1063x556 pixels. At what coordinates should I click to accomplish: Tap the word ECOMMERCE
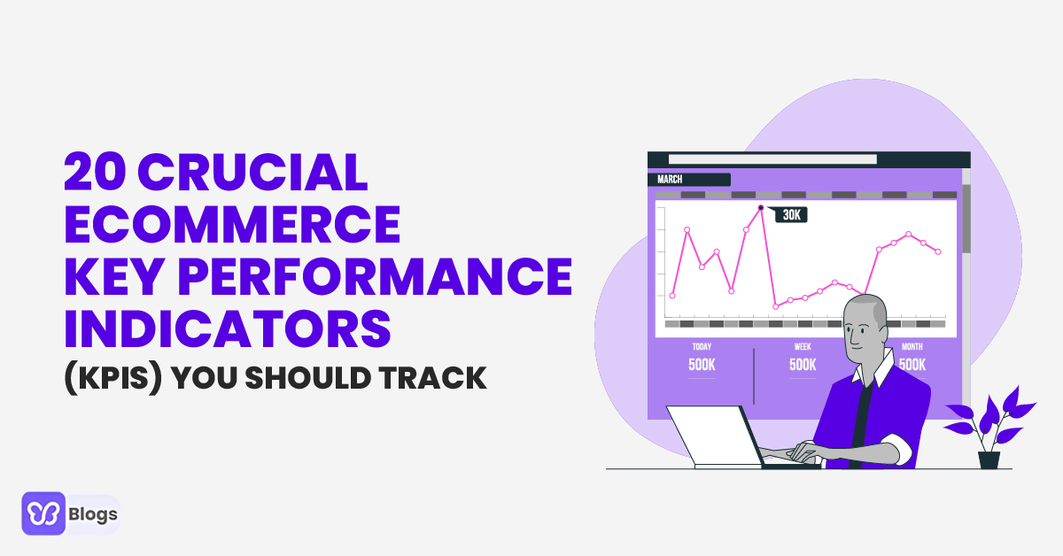click(232, 225)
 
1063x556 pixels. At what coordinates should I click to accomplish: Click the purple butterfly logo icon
click(43, 514)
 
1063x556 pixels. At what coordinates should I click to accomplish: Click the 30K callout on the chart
click(791, 214)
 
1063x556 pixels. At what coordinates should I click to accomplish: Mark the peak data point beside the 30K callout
click(760, 208)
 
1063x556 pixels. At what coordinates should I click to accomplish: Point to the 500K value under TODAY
click(702, 364)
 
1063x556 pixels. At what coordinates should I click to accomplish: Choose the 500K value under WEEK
click(803, 364)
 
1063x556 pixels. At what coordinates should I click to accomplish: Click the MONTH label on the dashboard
click(912, 347)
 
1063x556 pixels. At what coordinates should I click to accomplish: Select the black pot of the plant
click(989, 459)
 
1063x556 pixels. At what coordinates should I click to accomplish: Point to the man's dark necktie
click(860, 416)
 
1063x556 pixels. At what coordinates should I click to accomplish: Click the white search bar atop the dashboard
click(772, 159)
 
